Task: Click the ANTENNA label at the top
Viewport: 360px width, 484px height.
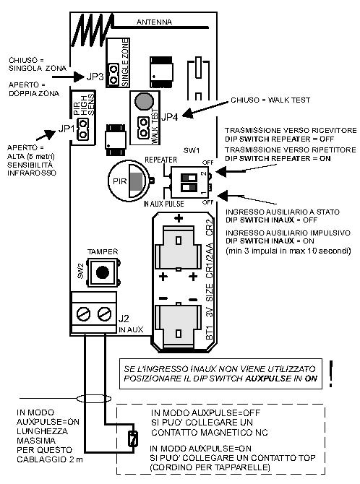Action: tap(154, 22)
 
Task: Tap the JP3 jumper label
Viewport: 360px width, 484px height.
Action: tap(95, 77)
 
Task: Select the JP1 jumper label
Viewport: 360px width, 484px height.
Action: tap(67, 129)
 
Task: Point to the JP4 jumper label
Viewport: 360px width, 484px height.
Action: tap(170, 117)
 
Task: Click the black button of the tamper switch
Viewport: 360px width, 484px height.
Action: tap(102, 272)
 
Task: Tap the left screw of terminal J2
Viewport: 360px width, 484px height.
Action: tap(83, 314)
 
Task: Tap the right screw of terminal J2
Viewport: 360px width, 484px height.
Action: tap(104, 314)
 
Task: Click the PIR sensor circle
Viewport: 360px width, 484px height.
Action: tap(129, 181)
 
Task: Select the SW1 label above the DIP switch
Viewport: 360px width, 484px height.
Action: tap(192, 151)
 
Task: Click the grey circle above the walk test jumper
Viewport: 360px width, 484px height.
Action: tap(145, 101)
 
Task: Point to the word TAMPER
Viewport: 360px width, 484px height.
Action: tap(103, 251)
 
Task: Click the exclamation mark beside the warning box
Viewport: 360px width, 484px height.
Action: tap(331, 373)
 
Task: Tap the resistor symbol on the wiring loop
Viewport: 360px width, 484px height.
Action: tap(133, 438)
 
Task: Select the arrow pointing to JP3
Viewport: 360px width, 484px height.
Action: tap(68, 77)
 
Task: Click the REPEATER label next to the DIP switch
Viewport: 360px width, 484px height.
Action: tap(161, 160)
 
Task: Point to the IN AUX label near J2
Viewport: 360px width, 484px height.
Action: tap(131, 329)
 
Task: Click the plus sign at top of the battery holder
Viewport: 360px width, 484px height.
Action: tap(179, 218)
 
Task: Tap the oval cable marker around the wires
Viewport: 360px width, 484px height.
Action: tap(94, 399)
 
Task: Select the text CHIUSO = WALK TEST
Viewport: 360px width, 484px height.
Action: tap(270, 100)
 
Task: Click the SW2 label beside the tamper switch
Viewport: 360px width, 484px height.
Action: tap(80, 271)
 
